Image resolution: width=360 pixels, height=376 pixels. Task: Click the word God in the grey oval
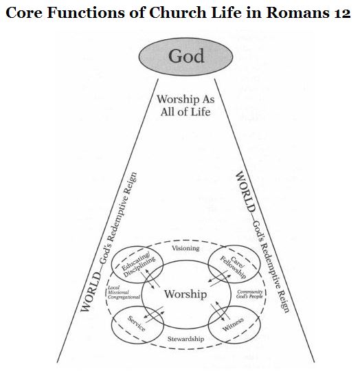pyautogui.click(x=186, y=56)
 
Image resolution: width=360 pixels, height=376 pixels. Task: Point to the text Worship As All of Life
pyautogui.click(x=185, y=105)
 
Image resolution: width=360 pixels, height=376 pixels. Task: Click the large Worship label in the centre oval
pyautogui.click(x=185, y=294)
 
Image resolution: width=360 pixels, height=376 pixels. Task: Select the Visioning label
pyautogui.click(x=185, y=248)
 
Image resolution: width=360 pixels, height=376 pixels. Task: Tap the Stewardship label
pyautogui.click(x=185, y=339)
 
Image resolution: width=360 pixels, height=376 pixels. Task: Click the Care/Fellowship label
pyautogui.click(x=233, y=267)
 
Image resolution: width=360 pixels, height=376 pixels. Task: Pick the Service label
pyautogui.click(x=137, y=324)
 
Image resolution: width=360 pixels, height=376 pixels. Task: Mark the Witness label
pyautogui.click(x=233, y=324)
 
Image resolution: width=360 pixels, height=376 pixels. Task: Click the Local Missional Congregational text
pyautogui.click(x=124, y=292)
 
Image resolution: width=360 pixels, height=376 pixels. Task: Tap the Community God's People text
pyautogui.click(x=250, y=294)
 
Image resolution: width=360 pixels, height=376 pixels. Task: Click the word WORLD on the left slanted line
pyautogui.click(x=91, y=292)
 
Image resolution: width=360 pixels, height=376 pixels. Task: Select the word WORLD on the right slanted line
pyautogui.click(x=245, y=191)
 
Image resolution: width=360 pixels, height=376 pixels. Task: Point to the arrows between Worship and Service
pyautogui.click(x=154, y=314)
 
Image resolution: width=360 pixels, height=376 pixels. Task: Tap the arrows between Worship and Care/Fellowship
pyautogui.click(x=220, y=278)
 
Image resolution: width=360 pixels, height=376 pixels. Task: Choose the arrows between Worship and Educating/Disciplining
pyautogui.click(x=150, y=279)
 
